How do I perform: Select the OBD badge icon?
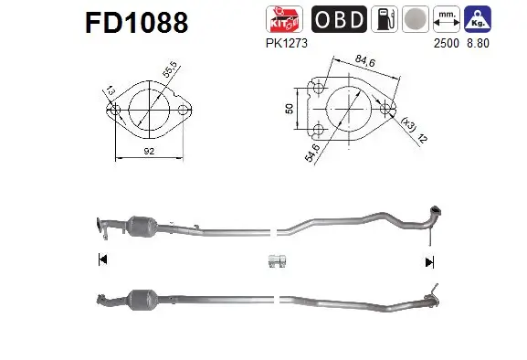tap(341, 19)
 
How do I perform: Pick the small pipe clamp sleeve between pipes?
tap(277, 261)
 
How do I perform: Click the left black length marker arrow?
tap(100, 260)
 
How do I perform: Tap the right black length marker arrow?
tap(428, 261)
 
